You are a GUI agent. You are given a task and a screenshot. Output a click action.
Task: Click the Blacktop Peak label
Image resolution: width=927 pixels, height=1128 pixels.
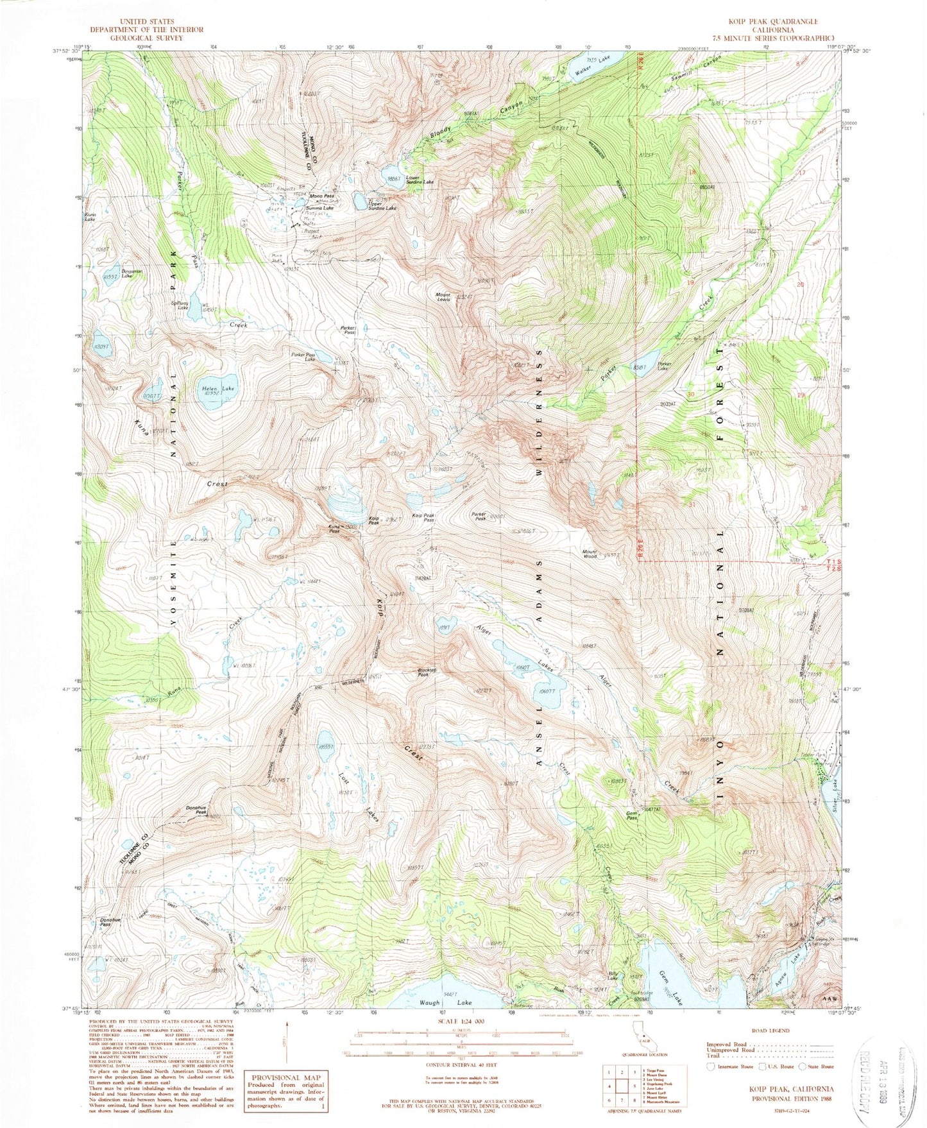[427, 672]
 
